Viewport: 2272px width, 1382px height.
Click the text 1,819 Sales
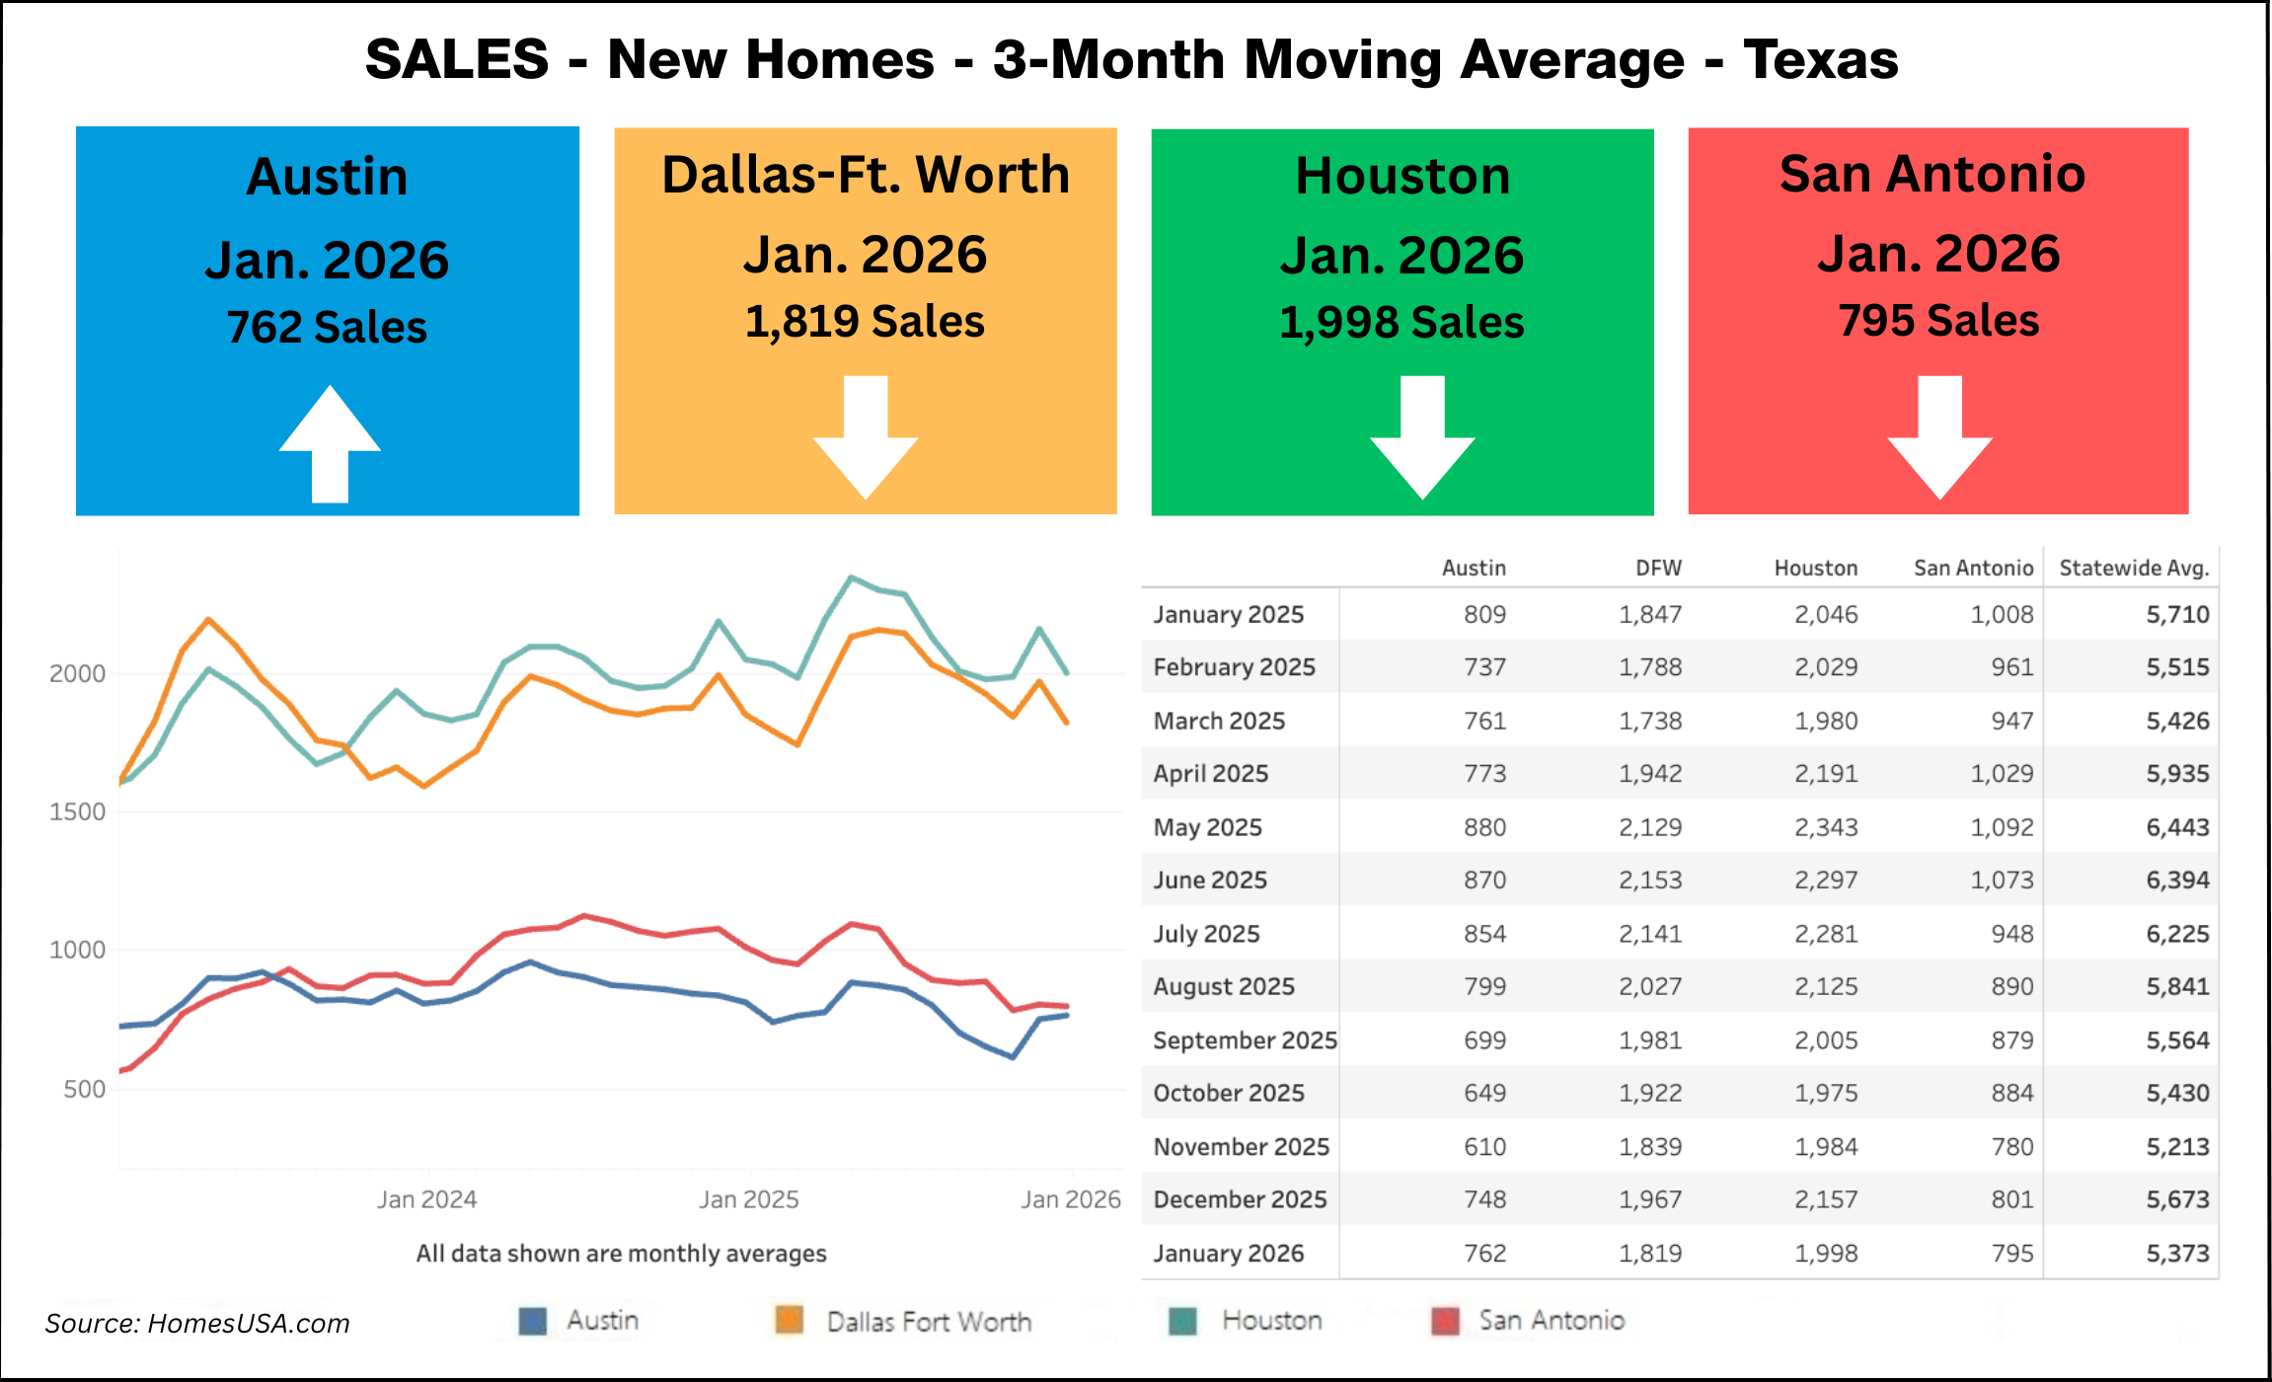point(865,322)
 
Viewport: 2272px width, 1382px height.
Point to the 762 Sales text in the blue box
point(327,328)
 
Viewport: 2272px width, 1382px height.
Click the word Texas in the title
point(1820,59)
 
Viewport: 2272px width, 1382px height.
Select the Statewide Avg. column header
point(2134,569)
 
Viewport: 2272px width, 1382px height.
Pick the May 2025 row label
point(1207,827)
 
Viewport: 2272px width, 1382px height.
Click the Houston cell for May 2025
point(1826,827)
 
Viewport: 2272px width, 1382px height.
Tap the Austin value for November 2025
point(1484,1147)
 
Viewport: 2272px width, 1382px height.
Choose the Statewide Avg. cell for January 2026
point(2177,1254)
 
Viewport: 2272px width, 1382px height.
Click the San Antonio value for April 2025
point(2002,774)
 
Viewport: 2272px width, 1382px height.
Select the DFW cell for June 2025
point(1650,881)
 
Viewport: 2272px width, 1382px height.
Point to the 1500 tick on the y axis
point(77,812)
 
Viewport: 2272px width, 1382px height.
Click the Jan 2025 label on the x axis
point(748,1200)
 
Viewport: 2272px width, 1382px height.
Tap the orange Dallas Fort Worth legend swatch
point(789,1320)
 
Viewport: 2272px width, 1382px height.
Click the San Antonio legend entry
point(1551,1321)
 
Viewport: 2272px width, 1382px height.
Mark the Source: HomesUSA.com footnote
point(197,1324)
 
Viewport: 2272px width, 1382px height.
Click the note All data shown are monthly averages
point(621,1254)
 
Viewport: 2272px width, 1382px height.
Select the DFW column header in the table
point(1658,569)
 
